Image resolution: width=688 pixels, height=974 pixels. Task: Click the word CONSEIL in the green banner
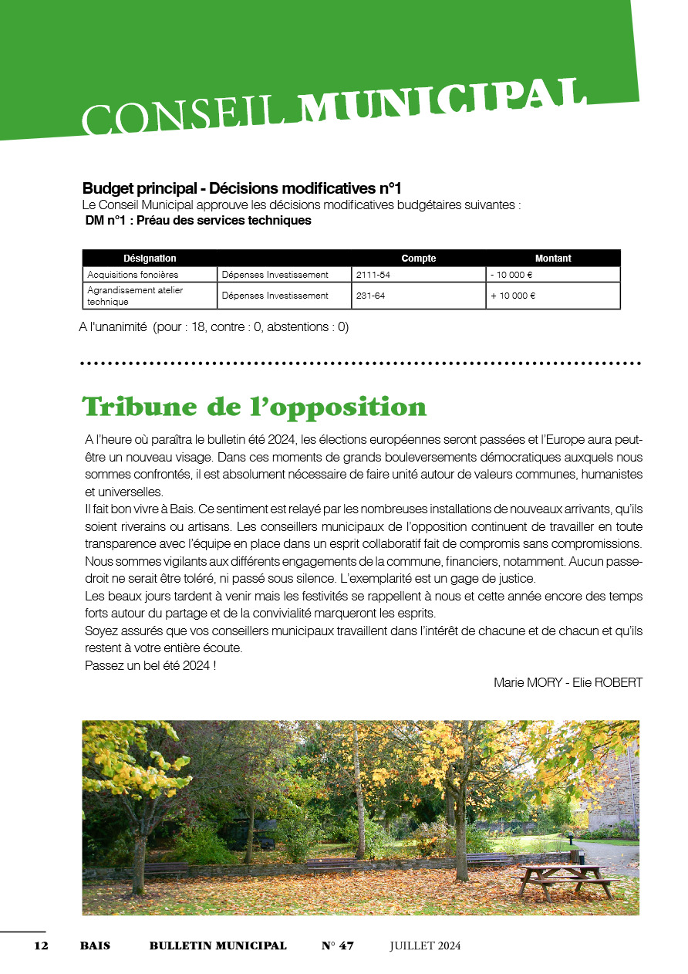pyautogui.click(x=189, y=117)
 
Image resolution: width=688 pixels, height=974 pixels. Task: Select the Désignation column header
pyautogui.click(x=150, y=259)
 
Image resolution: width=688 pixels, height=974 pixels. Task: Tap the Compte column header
pyautogui.click(x=418, y=259)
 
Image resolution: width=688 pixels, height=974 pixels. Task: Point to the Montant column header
pyautogui.click(x=553, y=259)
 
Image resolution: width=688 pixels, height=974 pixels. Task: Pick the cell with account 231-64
pyautogui.click(x=370, y=296)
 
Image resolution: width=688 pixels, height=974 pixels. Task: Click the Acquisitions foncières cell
pyautogui.click(x=133, y=275)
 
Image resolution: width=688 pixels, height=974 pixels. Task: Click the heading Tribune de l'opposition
pyautogui.click(x=254, y=407)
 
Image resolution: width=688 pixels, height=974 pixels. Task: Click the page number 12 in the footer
pyautogui.click(x=41, y=946)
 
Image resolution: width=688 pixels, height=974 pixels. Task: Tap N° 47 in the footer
pyautogui.click(x=337, y=946)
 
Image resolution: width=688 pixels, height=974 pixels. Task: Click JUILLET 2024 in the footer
pyautogui.click(x=424, y=946)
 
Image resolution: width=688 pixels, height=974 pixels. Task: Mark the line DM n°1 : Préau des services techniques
pyautogui.click(x=198, y=221)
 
